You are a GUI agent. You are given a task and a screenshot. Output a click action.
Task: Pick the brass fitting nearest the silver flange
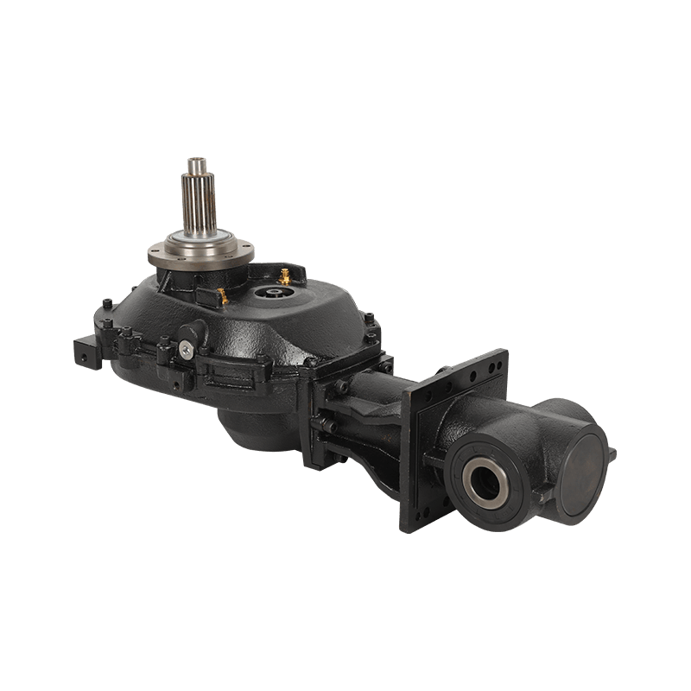[222, 296]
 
